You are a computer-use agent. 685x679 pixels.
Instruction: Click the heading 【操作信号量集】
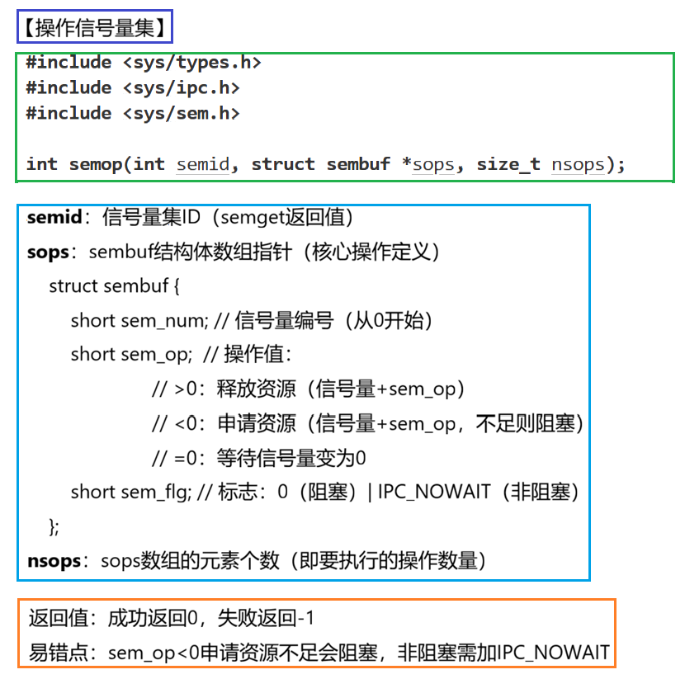pos(94,30)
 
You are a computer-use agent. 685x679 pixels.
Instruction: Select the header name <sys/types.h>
pos(192,63)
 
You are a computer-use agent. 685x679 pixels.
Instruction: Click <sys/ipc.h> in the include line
pos(182,88)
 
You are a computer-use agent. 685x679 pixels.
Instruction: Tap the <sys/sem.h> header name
pos(182,114)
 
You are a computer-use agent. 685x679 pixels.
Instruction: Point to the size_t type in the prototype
pos(508,164)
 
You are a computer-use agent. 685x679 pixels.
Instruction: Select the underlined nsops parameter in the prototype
pos(578,164)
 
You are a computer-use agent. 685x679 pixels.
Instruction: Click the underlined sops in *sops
pos(433,164)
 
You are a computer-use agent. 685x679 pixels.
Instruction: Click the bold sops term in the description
pos(48,252)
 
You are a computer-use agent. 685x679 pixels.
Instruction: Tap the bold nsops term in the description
pos(54,562)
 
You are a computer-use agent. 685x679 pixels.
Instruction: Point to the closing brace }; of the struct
pos(55,526)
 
